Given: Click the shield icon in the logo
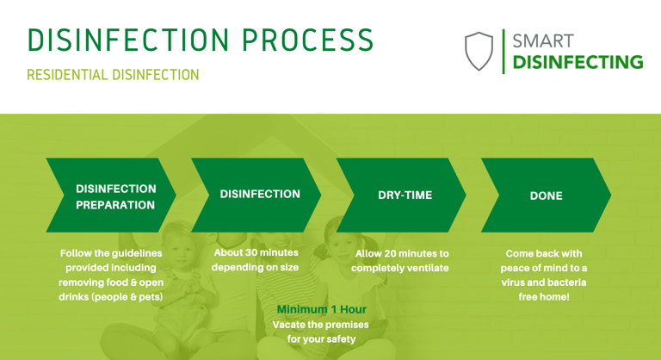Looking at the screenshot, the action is coord(479,51).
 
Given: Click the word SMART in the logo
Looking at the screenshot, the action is coord(543,41).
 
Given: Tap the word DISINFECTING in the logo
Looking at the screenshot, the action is coord(578,62).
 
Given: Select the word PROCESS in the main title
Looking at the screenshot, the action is coord(308,40).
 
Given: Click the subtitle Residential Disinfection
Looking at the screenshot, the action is coord(113,75).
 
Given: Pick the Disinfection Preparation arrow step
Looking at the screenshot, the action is coord(111,195).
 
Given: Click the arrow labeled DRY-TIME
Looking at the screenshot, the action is coord(401,195).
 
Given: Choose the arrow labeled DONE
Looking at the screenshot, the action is coord(546,195).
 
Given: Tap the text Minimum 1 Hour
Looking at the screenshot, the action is coord(322,309).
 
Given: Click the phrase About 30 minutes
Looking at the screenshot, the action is coord(256,252).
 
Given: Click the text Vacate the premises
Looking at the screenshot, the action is coord(321,325).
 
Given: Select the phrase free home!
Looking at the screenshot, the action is coord(544,296).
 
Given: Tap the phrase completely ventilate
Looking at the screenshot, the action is coord(400,268).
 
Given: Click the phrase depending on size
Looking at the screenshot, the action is coord(255,267).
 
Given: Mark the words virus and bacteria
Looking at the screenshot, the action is coord(544,282).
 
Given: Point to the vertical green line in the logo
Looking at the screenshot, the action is coord(503,52).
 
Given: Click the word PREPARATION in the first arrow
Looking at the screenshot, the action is coord(115,205).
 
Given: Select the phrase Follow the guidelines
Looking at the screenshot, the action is coord(111,253).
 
